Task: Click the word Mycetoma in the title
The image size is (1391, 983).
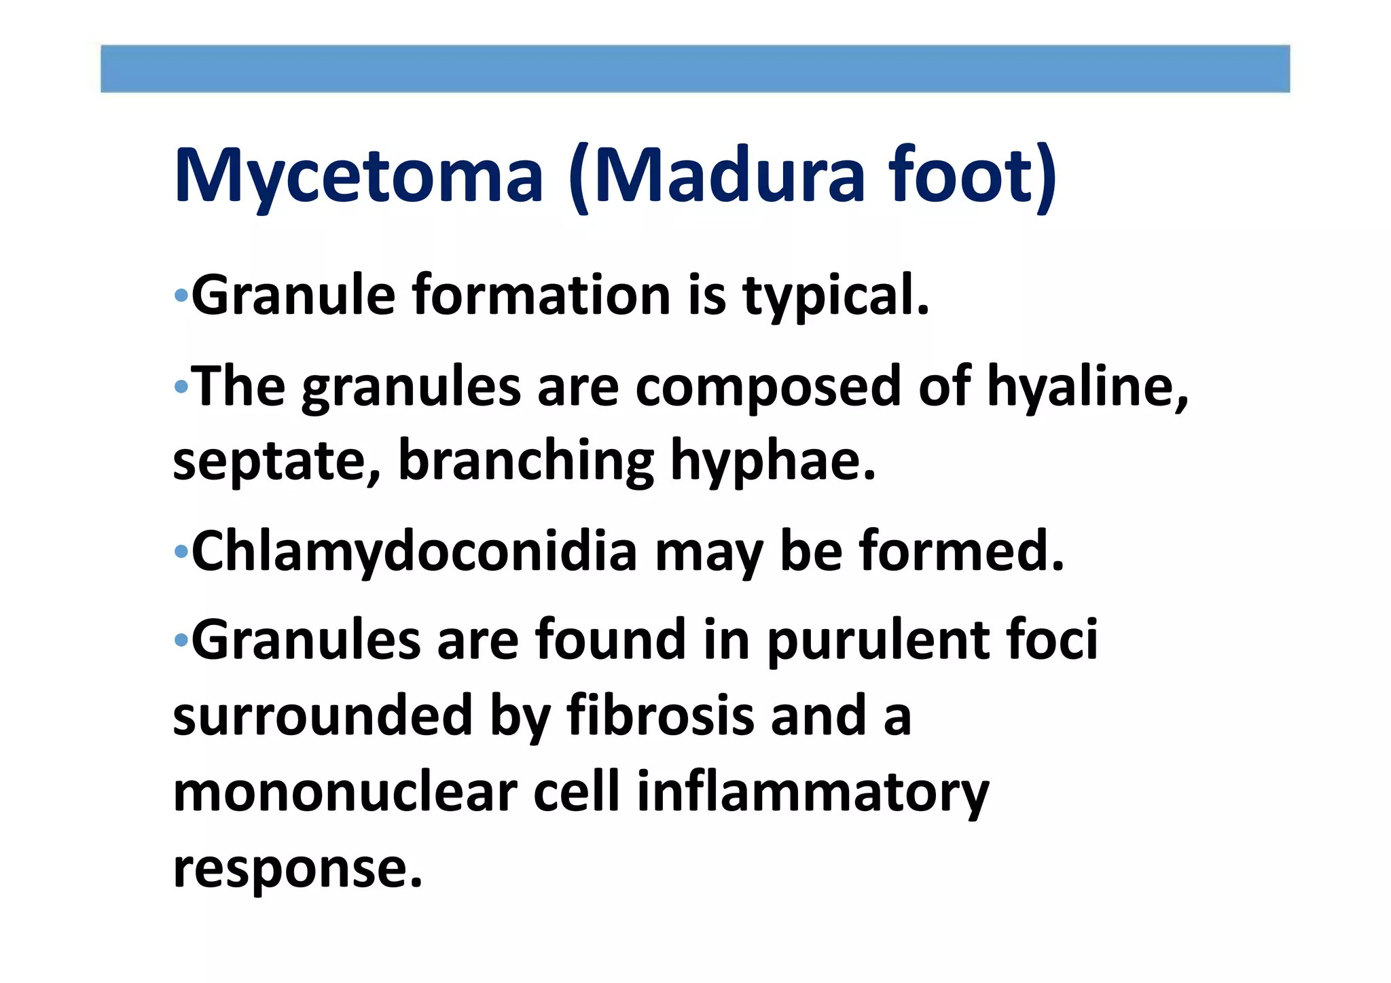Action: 359,177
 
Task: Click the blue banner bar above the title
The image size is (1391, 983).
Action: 695,69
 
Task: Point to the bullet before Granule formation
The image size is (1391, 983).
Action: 181,296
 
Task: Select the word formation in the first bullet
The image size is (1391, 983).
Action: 541,296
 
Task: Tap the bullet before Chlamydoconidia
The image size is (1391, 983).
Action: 181,551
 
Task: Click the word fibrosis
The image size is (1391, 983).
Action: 660,716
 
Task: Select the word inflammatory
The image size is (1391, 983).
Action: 812,793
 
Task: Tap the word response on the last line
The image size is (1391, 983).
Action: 297,870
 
